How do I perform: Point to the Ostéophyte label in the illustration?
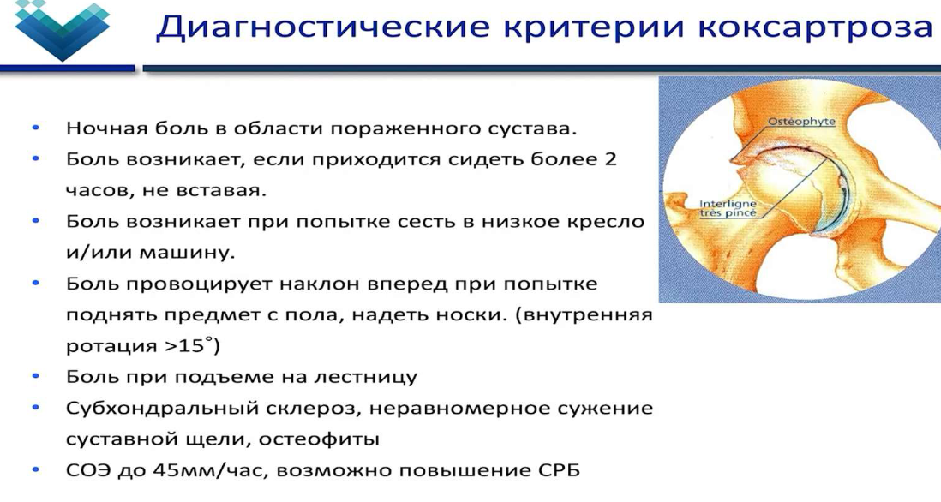tap(801, 122)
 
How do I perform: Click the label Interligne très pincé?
tap(728, 208)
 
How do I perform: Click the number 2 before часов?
tap(610, 159)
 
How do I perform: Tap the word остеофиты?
tap(320, 439)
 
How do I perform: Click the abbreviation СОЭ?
tap(87, 471)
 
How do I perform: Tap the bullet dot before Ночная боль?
tap(35, 128)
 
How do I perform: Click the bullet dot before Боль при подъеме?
tap(35, 377)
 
